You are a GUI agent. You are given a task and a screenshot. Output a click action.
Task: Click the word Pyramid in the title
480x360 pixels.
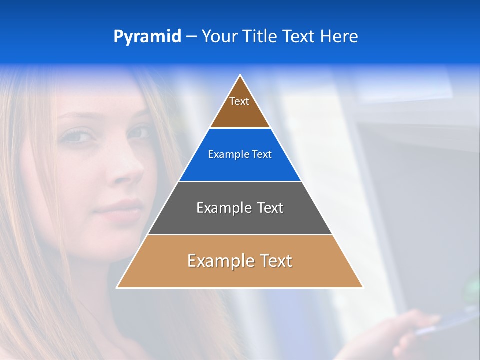(147, 37)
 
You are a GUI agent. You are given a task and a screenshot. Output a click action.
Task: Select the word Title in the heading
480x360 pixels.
(259, 37)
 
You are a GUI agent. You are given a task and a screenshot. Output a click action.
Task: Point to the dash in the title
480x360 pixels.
(191, 37)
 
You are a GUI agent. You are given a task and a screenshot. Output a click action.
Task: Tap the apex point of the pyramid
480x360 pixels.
(240, 75)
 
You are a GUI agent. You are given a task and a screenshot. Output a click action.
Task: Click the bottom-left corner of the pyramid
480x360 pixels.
(117, 287)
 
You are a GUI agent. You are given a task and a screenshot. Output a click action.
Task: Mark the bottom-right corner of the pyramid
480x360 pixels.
(363, 287)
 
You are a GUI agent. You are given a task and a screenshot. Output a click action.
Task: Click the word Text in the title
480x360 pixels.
(298, 37)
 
